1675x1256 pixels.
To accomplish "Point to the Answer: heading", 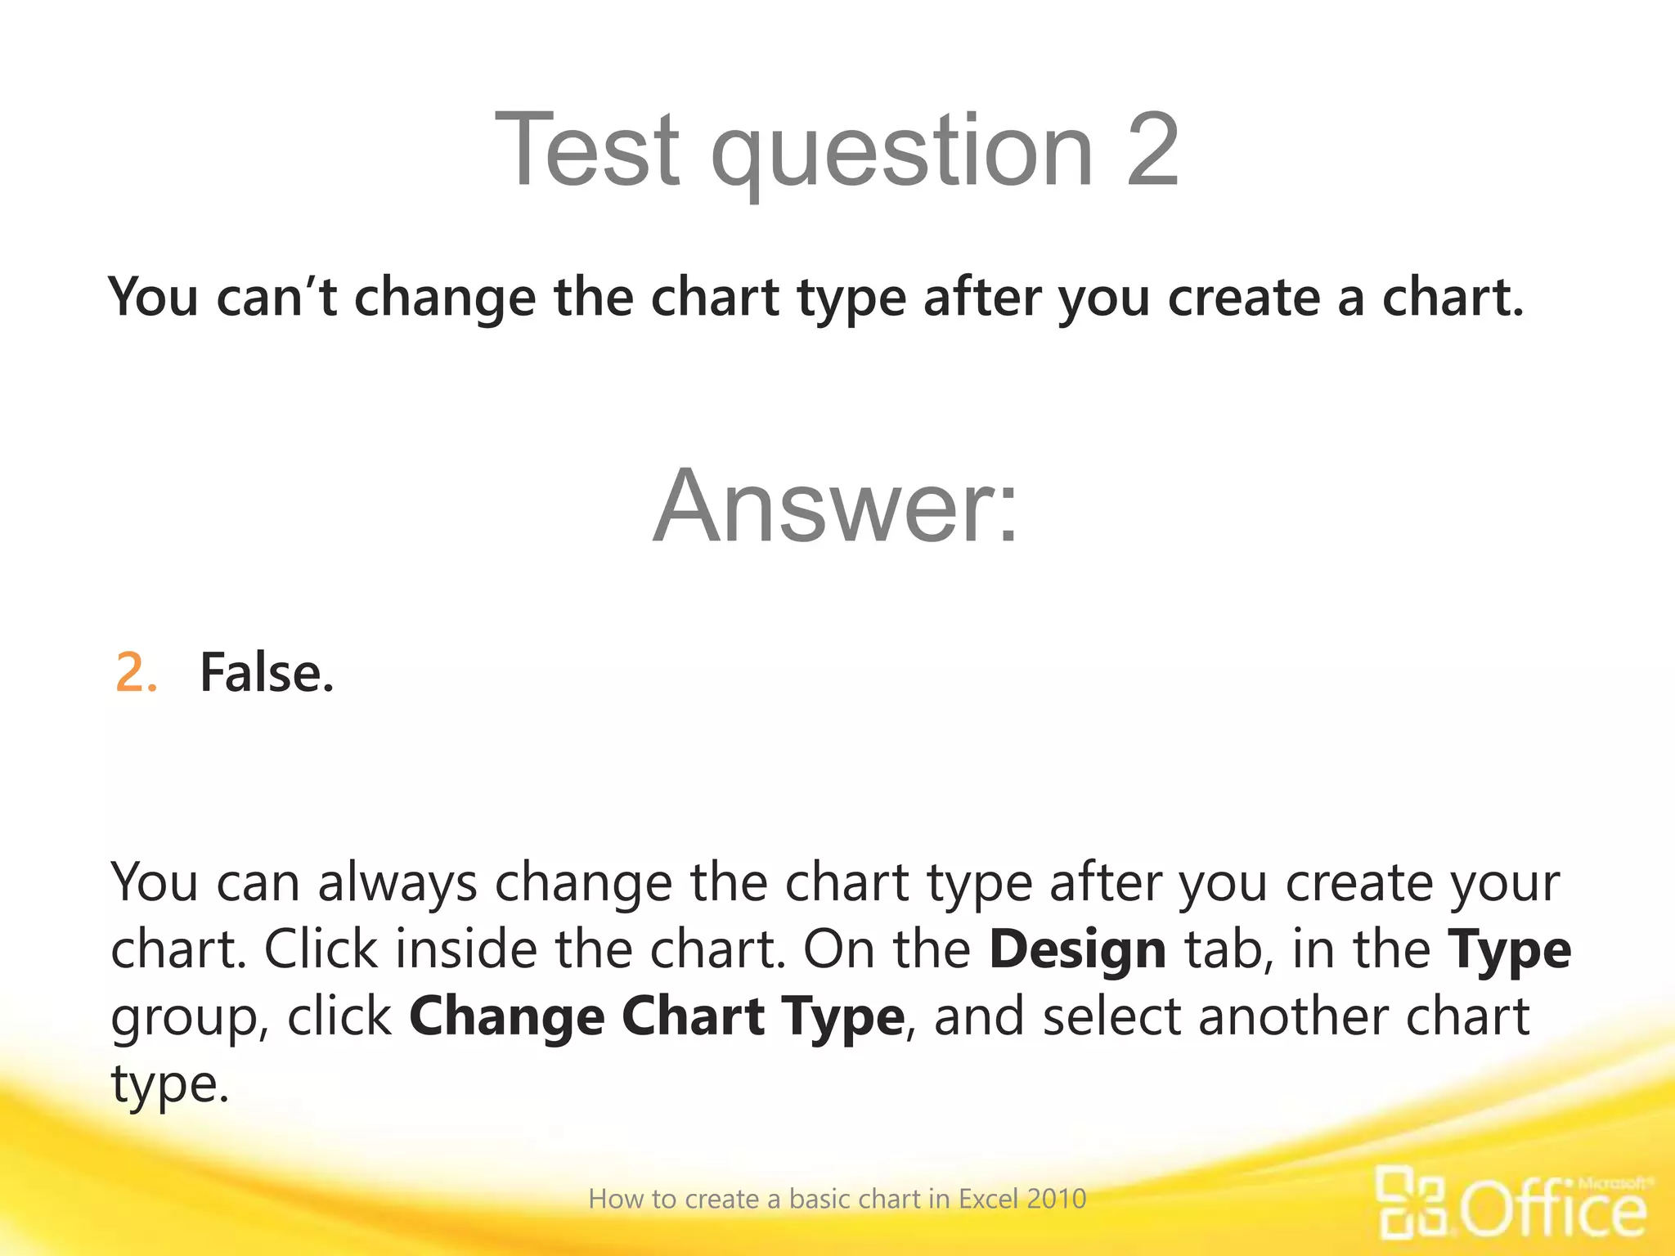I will (836, 506).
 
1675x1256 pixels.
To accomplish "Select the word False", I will (267, 674).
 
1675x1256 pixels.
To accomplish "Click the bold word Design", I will (1077, 950).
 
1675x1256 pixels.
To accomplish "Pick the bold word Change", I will (506, 1018).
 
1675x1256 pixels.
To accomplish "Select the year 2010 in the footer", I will (1057, 1200).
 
